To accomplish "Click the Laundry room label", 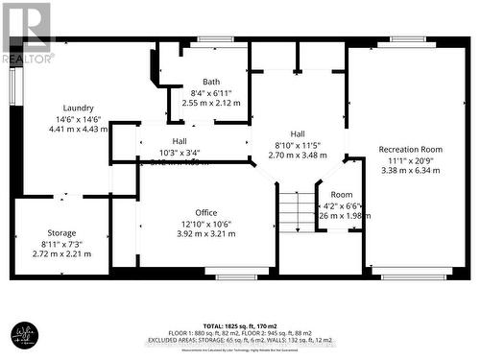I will coord(78,108).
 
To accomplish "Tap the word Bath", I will coord(210,82).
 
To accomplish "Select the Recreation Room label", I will coord(410,149).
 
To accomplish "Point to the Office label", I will coord(205,213).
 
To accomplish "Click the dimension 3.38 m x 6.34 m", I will coord(410,170).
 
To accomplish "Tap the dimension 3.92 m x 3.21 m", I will coord(205,233).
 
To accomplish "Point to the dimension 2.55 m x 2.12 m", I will coord(210,102).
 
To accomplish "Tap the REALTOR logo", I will coord(27,33).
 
